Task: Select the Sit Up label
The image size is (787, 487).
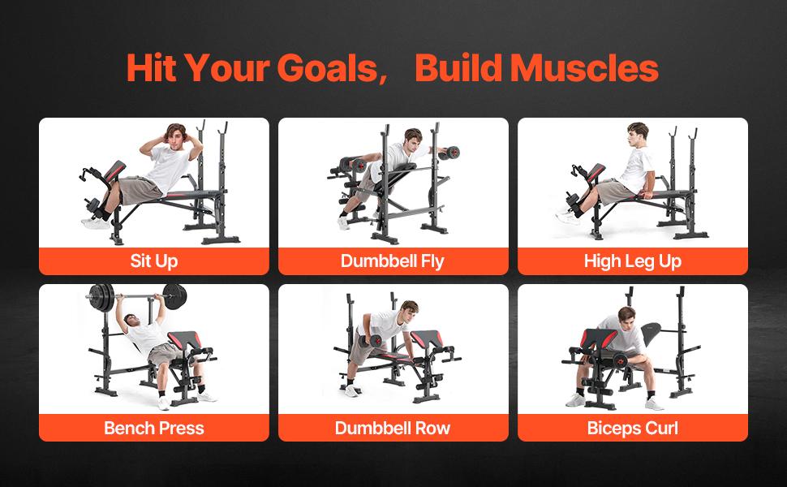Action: coord(153,261)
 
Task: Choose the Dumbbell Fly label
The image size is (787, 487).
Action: coord(393,261)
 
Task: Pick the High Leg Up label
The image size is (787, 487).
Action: coord(633,261)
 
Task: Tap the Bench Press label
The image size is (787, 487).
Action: coord(153,428)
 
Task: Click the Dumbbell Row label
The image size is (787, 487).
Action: coord(393,428)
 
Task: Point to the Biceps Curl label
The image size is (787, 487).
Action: coord(633,428)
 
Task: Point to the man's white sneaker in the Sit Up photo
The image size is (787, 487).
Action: coord(95,221)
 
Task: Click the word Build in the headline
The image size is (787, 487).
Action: coord(459,69)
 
